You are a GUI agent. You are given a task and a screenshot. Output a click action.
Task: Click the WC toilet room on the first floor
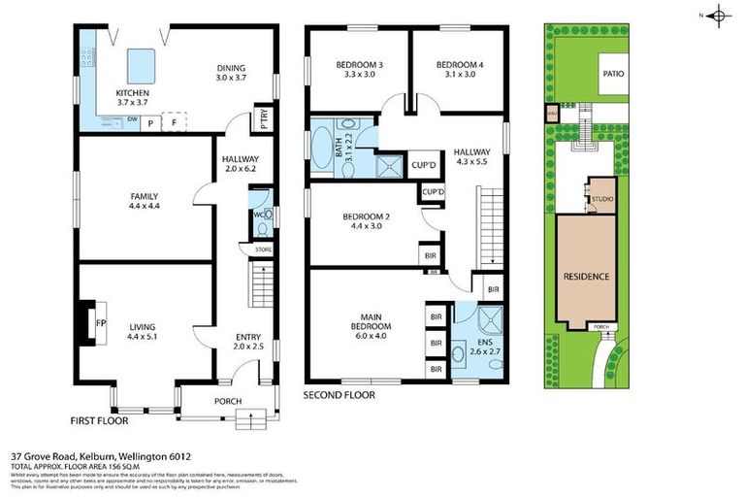[x=261, y=218]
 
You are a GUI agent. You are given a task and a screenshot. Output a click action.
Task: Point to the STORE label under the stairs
[x=263, y=250]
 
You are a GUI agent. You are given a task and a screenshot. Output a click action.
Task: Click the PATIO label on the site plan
[x=612, y=73]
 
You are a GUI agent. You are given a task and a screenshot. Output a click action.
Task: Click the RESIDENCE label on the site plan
[x=587, y=277]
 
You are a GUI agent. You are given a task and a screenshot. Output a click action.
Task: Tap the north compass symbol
[x=718, y=15]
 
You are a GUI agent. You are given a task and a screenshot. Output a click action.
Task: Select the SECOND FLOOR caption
[x=339, y=395]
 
